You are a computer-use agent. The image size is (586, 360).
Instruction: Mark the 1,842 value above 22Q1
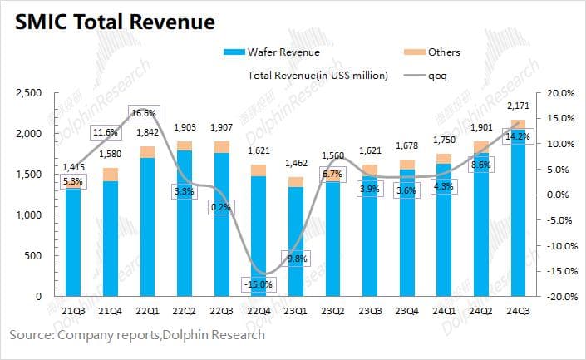point(147,133)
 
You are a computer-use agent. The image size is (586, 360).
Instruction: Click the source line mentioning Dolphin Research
point(137,334)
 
